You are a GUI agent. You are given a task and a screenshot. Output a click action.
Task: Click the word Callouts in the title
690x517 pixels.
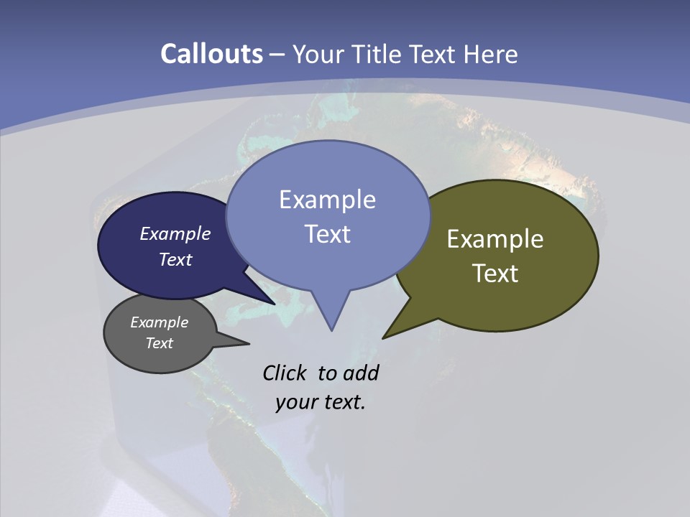coord(212,54)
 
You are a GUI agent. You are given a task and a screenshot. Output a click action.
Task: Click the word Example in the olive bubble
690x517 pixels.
coord(495,239)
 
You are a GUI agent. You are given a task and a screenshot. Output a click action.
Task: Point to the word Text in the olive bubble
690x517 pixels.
coord(495,274)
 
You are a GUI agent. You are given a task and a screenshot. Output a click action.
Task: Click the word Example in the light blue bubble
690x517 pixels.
coord(327,200)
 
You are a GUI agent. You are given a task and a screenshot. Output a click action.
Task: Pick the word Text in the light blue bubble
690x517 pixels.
coord(327,234)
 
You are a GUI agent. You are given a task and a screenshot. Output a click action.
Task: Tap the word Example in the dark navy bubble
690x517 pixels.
coord(175,233)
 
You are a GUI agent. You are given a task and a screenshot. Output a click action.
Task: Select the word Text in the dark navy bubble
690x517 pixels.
coord(175,259)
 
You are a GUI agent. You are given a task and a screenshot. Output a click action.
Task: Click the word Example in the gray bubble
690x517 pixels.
coord(159,322)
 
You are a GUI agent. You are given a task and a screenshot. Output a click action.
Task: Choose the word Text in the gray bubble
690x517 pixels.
coord(159,343)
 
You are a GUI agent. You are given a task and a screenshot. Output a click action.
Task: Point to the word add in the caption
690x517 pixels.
coord(361,373)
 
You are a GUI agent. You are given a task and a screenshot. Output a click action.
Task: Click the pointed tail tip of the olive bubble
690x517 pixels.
coord(383,337)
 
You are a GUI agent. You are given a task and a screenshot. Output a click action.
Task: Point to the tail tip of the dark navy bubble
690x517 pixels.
coord(275,304)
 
